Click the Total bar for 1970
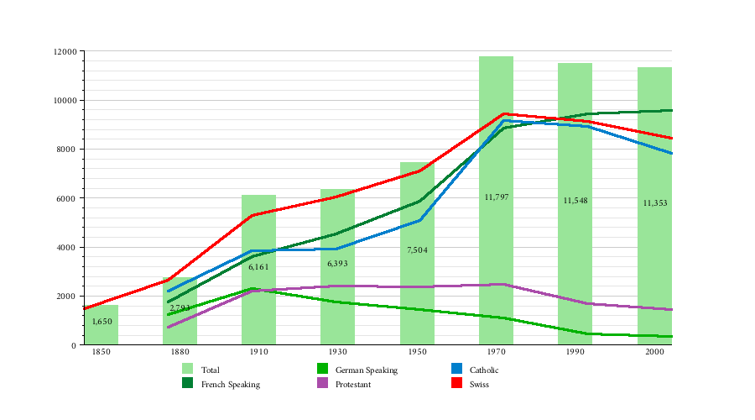pos(496,252)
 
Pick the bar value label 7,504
pos(417,250)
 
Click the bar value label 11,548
pos(575,201)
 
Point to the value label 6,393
pos(337,264)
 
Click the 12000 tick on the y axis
pos(65,52)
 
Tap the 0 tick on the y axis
pos(75,345)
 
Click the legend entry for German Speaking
pos(366,370)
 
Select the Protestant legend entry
pos(352,385)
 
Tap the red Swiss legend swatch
pos(457,384)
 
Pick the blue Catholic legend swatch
pos(457,369)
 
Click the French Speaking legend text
pos(230,385)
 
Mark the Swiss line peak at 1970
pos(503,113)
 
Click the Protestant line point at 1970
pos(503,284)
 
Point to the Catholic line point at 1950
pos(419,220)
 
